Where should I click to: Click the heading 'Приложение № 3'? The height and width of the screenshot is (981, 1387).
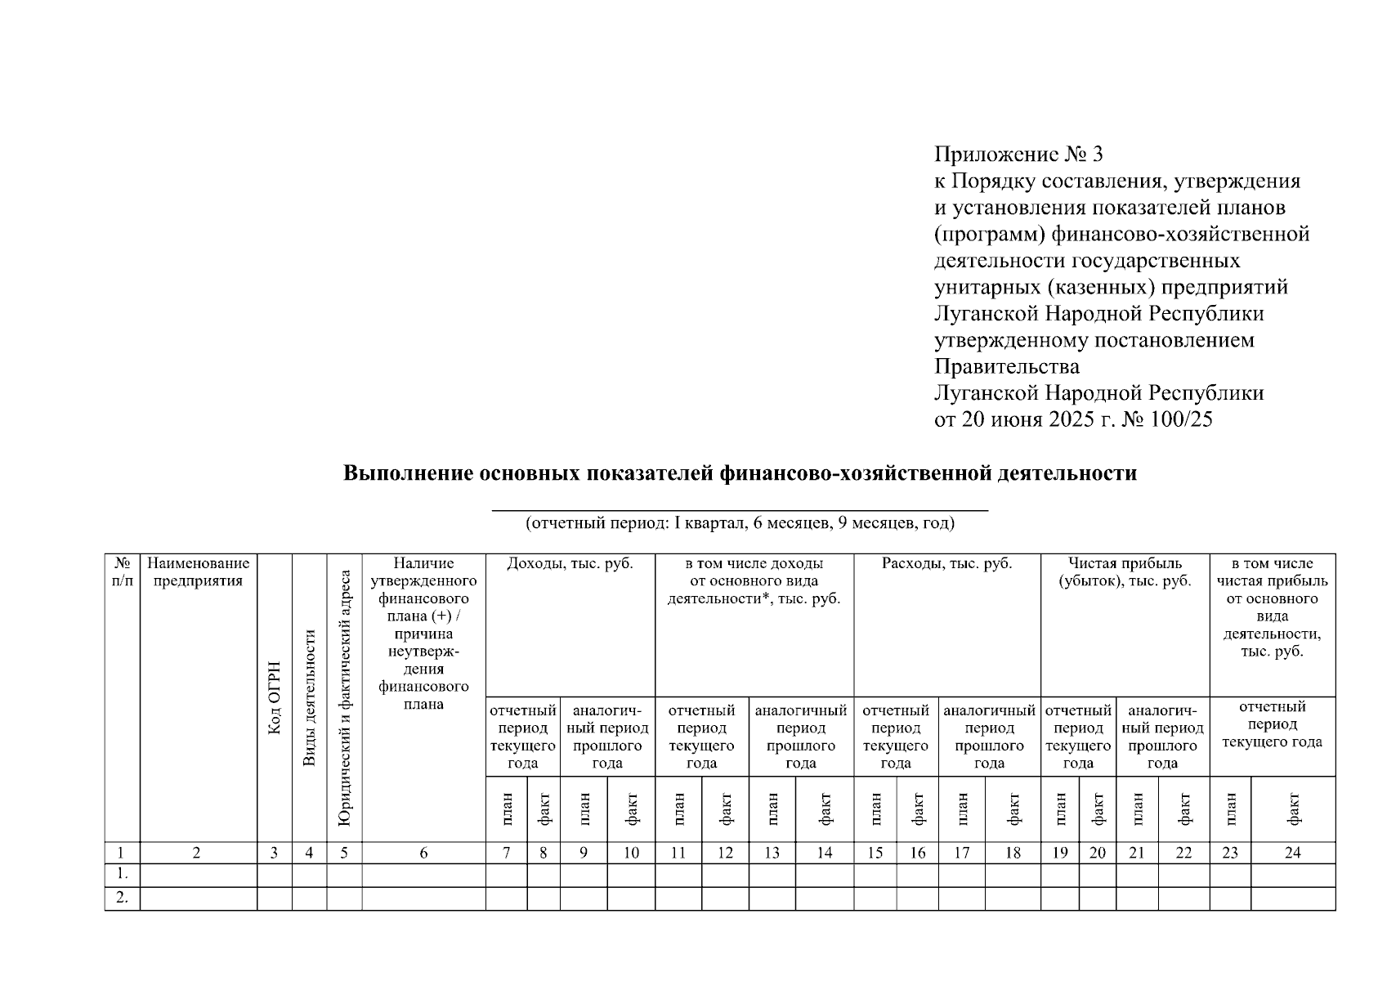pos(1018,155)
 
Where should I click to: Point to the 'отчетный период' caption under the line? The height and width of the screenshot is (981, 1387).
pos(740,523)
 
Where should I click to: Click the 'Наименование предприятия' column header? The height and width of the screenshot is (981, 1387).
pos(199,572)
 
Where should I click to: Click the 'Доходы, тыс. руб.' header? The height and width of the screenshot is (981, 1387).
pos(570,564)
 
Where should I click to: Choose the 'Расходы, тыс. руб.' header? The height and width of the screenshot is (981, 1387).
pos(946,564)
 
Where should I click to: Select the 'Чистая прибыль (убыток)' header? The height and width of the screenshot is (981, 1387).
pos(1125,572)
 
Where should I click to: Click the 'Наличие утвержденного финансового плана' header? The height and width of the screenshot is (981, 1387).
pos(423,633)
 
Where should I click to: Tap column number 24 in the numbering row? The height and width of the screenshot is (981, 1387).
pos(1292,853)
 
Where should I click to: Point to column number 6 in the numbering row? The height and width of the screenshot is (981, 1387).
pos(423,853)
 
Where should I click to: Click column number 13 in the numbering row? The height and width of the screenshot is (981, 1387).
pos(772,853)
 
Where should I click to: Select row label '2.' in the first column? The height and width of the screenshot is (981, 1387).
pos(122,898)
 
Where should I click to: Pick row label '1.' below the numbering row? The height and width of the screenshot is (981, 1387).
pos(122,875)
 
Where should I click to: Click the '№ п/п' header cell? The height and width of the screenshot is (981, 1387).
pos(122,572)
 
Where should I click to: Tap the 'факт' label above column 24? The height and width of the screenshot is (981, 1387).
pos(1292,809)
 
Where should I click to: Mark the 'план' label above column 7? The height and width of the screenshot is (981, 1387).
pos(507,809)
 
